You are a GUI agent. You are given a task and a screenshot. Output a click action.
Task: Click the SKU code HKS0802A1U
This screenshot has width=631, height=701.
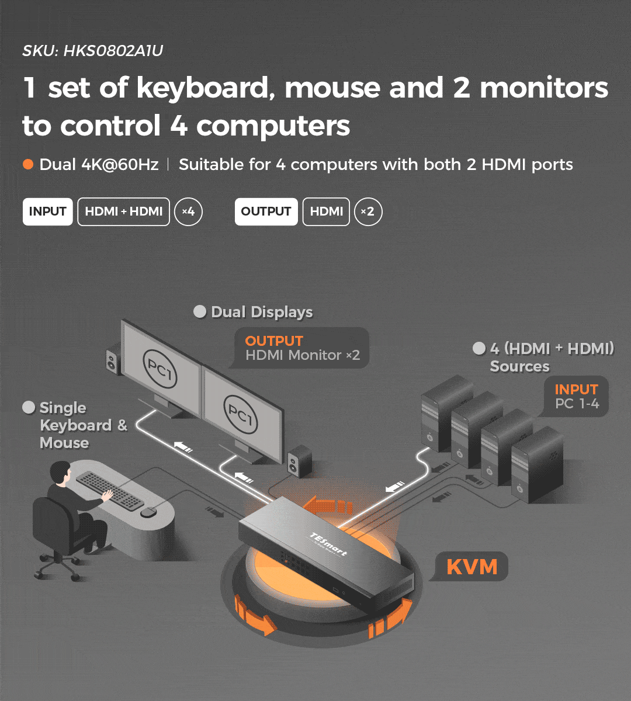point(113,51)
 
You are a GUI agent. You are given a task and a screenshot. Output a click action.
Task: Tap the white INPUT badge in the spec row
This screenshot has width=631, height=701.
point(47,211)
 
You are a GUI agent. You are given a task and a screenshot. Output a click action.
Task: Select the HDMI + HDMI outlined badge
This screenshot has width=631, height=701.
point(123,211)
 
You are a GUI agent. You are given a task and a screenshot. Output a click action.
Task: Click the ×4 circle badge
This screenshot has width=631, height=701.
point(188,211)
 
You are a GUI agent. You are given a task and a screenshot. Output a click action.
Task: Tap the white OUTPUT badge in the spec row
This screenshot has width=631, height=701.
point(266,211)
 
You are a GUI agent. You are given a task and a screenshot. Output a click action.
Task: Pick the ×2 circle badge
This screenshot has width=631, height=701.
point(368,211)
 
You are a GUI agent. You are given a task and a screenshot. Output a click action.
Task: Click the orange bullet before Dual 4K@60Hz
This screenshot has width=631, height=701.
point(28,164)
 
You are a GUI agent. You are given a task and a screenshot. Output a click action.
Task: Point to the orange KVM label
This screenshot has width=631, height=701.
point(472,567)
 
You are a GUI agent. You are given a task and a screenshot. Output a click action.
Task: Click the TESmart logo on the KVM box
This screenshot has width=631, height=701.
point(328,544)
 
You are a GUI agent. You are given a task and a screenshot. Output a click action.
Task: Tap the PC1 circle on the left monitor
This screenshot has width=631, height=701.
point(160,369)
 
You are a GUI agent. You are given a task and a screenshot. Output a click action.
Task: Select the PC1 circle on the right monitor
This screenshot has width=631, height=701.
point(240,414)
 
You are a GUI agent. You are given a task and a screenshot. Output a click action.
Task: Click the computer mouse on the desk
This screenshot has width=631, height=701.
point(148,512)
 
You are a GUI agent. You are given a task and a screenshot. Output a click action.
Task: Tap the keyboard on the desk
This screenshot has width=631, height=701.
point(110,490)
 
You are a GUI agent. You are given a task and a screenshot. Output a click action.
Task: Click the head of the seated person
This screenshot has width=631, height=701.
point(61,473)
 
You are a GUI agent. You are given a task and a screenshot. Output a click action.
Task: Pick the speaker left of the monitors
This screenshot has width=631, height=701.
point(113,359)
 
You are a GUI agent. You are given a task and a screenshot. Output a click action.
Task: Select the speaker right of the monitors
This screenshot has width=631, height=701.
point(300,461)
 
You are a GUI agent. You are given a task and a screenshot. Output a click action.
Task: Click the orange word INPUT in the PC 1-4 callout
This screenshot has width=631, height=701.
point(577,389)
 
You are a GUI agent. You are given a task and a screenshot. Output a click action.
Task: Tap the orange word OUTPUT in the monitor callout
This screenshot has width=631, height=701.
point(273,341)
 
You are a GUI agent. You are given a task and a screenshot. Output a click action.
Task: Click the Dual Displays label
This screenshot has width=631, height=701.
point(262,312)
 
